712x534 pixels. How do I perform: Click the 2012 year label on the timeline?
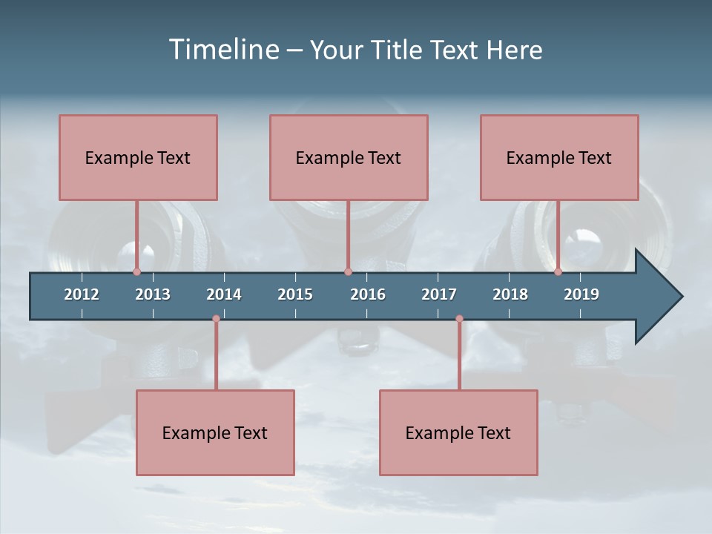[x=82, y=294]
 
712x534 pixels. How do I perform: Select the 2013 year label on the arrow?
[x=153, y=294]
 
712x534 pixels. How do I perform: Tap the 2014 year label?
[x=224, y=294]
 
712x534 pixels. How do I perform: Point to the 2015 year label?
[x=295, y=294]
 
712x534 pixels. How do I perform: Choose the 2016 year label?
[x=368, y=294]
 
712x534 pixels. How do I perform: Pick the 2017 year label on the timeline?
[x=439, y=294]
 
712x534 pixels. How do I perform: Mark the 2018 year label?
[x=510, y=294]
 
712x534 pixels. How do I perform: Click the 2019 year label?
[x=581, y=294]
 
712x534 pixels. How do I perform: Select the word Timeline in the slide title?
[x=224, y=50]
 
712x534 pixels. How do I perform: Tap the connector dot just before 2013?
[x=136, y=272]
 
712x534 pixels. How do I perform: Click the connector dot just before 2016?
[x=348, y=272]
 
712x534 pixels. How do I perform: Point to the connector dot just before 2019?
[x=558, y=272]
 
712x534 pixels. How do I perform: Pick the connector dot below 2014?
[x=216, y=319]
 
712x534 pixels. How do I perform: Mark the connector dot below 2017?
[x=459, y=319]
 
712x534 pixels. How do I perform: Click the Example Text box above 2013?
[x=138, y=158]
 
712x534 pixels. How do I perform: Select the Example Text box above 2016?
[x=349, y=158]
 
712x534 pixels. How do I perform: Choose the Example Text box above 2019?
[x=559, y=158]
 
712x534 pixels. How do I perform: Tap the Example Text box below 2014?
[x=215, y=432]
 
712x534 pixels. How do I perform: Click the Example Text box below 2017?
[x=458, y=432]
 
